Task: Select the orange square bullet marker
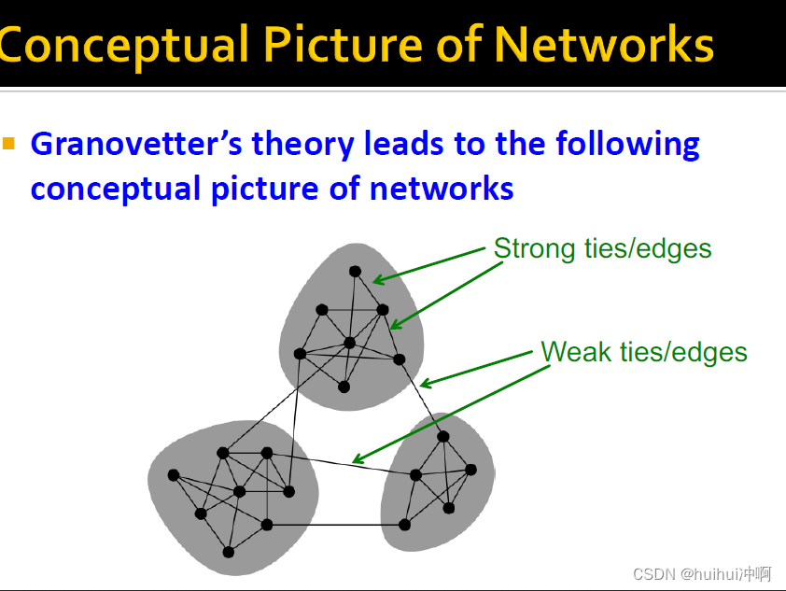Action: point(9,144)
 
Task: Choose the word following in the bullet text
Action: point(627,146)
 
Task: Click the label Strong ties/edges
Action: point(602,248)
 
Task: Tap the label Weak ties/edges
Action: point(644,352)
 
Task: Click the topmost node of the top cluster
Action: point(355,272)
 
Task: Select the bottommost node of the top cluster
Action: point(344,387)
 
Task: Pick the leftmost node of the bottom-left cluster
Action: point(173,475)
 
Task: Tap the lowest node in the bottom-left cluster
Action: point(228,552)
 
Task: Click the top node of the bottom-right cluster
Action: point(443,436)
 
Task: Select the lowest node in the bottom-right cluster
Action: point(405,525)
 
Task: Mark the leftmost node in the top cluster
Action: point(300,354)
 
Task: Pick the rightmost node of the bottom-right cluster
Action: point(470,469)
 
